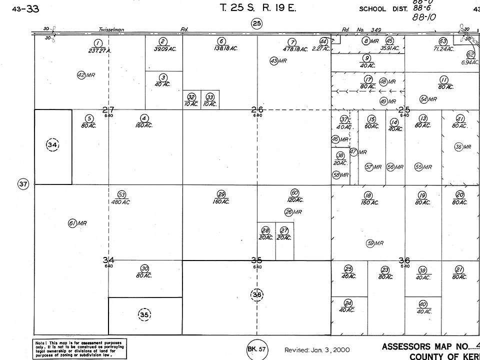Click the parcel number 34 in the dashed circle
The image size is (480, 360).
52,145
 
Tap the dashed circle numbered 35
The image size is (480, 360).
144,314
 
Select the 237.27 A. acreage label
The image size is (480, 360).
99,50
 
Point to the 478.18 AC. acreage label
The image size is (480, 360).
294,49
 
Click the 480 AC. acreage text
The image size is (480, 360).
121,202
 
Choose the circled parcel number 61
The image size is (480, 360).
72,223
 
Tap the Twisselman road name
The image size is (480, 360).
111,30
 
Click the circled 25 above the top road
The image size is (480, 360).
256,23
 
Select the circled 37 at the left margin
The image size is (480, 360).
23,184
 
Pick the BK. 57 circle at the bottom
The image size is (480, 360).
256,349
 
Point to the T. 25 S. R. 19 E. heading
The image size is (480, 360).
254,8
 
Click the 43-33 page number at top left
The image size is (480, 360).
27,8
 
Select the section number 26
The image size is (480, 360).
257,109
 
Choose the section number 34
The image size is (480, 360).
108,260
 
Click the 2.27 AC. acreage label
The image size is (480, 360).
321,49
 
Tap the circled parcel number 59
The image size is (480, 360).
370,243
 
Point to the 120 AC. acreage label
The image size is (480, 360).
294,200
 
